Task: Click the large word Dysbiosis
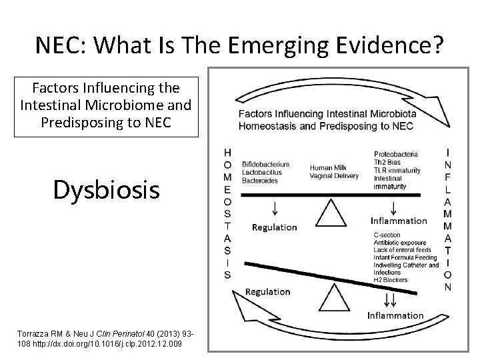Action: tap(107, 189)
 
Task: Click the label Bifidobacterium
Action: tap(266, 163)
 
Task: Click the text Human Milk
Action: tap(328, 167)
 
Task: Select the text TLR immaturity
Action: tap(397, 171)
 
